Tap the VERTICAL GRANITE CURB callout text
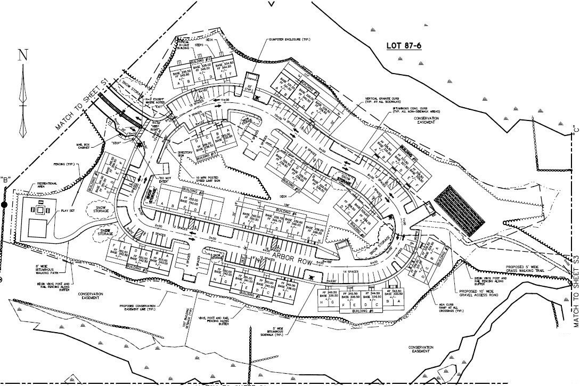[x=383, y=100]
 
